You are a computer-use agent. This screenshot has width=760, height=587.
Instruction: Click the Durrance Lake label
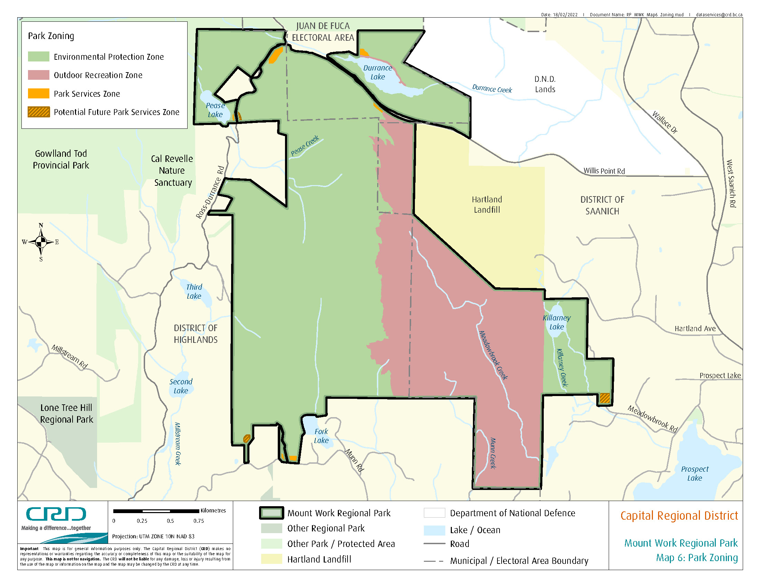click(378, 72)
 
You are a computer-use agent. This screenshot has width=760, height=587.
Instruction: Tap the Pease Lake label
click(215, 110)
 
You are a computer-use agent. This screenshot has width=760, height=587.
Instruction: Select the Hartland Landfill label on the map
click(487, 204)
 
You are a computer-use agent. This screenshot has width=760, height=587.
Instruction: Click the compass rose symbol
click(41, 242)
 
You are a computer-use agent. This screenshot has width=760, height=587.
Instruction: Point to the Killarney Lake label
click(557, 322)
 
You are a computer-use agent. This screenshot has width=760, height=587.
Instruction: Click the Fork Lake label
click(321, 436)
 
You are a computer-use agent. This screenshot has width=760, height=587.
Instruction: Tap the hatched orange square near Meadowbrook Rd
click(605, 398)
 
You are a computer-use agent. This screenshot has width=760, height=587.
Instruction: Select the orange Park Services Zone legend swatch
click(39, 94)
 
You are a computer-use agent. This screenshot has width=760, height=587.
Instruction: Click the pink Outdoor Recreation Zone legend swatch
click(39, 75)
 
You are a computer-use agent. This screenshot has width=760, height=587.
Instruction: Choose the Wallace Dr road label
click(665, 122)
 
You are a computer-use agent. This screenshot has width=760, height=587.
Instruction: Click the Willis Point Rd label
click(604, 171)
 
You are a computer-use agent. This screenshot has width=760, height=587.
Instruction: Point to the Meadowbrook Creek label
click(493, 355)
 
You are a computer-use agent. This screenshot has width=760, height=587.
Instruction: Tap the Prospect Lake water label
click(695, 473)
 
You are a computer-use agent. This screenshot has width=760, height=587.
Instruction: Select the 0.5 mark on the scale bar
click(170, 521)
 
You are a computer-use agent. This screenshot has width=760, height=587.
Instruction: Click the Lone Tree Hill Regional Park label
click(66, 413)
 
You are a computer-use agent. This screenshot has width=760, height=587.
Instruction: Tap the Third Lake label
click(194, 291)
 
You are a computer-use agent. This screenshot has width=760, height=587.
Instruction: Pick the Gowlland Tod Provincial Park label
click(61, 159)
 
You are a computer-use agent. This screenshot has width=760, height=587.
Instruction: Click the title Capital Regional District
click(679, 516)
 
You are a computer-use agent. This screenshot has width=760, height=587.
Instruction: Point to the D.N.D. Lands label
click(545, 84)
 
